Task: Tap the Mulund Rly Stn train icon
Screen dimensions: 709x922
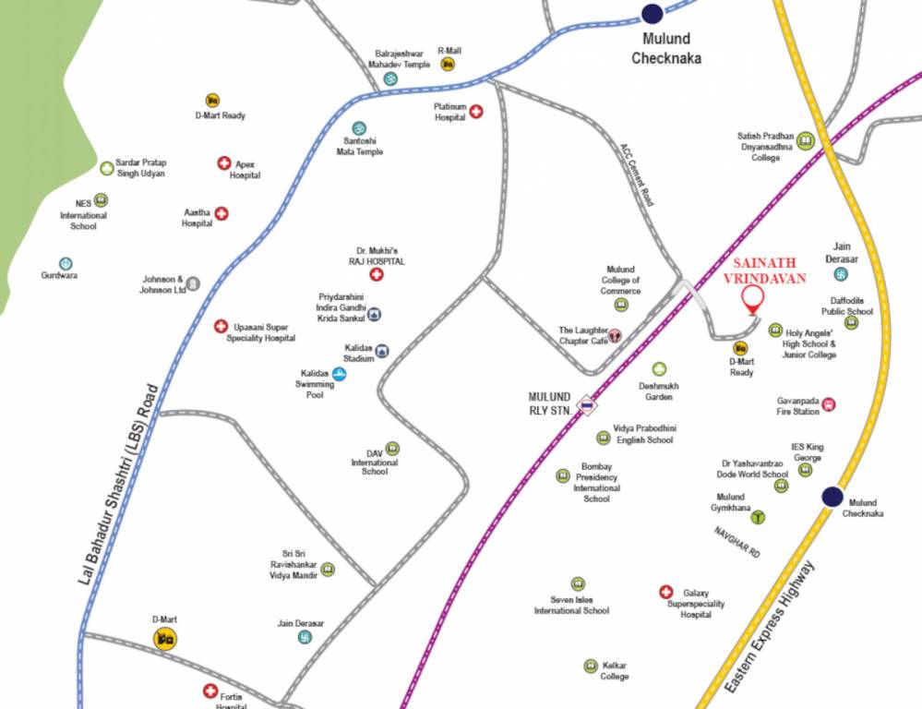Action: tap(585, 404)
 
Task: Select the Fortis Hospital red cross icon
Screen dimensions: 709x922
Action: tap(210, 691)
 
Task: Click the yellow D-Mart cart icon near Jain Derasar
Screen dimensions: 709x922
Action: tap(165, 637)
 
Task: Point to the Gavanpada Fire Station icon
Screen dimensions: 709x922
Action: tap(828, 404)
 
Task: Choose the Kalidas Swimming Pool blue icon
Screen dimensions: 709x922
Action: tap(340, 374)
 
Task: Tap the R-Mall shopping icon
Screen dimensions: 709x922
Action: tap(448, 64)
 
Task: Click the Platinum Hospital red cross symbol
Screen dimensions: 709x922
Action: tap(476, 112)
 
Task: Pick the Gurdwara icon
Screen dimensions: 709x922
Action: tap(65, 264)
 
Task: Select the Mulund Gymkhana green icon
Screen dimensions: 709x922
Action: tap(758, 516)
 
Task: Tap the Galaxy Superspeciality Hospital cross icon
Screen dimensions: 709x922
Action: tap(665, 592)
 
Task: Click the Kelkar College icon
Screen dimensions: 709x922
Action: tap(591, 666)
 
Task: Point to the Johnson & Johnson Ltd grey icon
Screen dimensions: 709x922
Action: tap(193, 283)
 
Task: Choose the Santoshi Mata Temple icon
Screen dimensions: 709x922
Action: tap(359, 128)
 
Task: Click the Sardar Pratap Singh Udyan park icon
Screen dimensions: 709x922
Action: tap(107, 168)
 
